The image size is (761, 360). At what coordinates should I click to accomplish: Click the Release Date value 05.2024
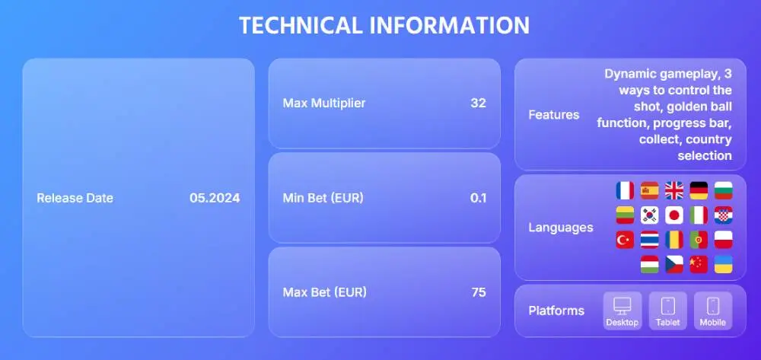coord(215,198)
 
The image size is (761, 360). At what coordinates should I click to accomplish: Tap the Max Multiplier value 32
coord(478,103)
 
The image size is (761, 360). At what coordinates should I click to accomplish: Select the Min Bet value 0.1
coord(478,198)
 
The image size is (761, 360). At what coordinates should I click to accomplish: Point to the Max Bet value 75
coord(478,292)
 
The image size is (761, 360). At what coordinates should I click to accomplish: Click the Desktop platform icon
coord(622,311)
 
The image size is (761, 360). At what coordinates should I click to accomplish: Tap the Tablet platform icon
coord(668,311)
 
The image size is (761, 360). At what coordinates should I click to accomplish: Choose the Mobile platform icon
coord(713,311)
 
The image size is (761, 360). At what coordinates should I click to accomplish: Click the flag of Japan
coord(674,215)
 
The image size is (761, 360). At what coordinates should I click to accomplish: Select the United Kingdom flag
coord(674,191)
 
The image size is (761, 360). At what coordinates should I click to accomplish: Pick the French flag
coord(625,191)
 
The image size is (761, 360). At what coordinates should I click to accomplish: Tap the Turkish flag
coord(625,240)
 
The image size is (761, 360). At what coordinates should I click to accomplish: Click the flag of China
coord(699,264)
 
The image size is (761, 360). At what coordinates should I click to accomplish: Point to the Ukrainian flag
coord(724,264)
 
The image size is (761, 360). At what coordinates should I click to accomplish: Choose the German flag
coord(699,191)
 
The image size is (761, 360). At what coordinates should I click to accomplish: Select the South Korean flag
coord(650,215)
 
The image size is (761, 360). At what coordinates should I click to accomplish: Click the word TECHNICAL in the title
coord(301,25)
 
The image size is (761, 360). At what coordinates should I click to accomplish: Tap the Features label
coord(554,115)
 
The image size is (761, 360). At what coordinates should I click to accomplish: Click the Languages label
coord(561,228)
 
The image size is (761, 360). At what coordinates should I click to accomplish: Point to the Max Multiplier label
coord(324,103)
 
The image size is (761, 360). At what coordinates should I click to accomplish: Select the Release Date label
coord(75,198)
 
